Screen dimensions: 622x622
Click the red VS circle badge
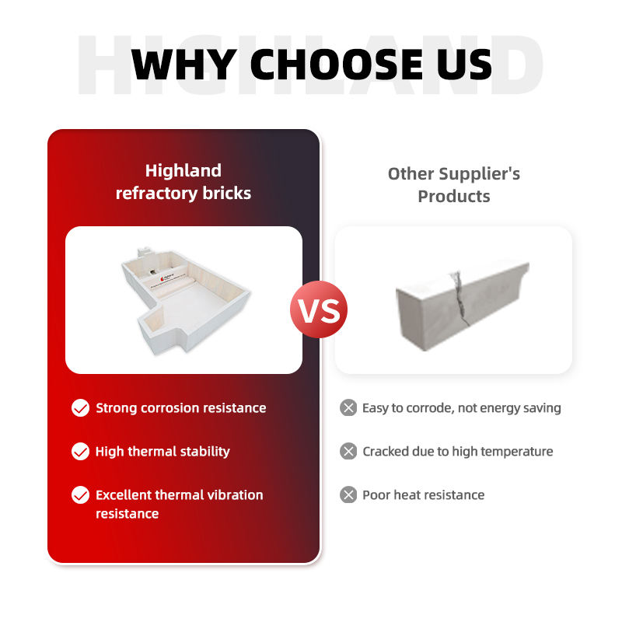point(319,309)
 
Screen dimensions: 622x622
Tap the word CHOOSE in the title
point(337,65)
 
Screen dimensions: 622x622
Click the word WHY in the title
point(184,65)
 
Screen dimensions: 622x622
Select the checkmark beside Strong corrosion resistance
point(81,407)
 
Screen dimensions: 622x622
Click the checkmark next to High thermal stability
point(81,452)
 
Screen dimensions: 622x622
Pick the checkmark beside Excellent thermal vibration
point(81,495)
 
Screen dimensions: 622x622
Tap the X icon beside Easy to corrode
point(348,407)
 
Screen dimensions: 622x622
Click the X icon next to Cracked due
point(348,452)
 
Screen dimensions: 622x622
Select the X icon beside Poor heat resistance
point(348,495)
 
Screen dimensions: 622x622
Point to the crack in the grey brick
point(460,298)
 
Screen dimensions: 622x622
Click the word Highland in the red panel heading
point(183,171)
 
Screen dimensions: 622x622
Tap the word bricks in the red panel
point(227,193)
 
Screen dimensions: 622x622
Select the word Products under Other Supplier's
point(454,197)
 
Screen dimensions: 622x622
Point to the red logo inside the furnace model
point(162,279)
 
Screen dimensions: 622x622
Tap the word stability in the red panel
point(205,452)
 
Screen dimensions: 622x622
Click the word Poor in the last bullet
point(376,495)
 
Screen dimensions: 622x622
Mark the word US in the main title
point(464,65)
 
